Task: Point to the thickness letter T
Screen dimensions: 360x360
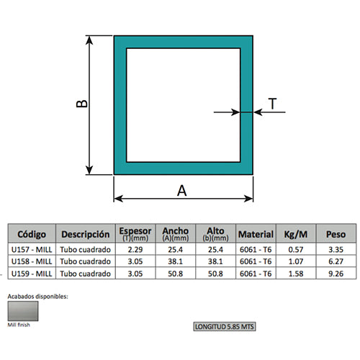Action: click(273, 104)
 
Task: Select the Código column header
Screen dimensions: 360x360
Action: click(32, 234)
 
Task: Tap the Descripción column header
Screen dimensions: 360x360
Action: click(85, 234)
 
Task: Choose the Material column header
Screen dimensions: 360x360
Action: click(256, 234)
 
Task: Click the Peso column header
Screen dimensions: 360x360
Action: click(336, 234)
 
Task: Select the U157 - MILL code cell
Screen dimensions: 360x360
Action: click(32, 250)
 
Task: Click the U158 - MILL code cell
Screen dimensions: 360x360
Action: click(32, 261)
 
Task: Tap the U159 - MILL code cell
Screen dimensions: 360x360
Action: click(32, 274)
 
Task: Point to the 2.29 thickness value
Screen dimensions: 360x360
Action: click(135, 250)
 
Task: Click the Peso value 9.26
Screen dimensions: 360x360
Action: click(336, 274)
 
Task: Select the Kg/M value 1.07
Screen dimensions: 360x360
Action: click(296, 261)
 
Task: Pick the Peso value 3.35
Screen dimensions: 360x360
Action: click(336, 250)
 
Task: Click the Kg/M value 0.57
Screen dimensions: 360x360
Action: click(296, 250)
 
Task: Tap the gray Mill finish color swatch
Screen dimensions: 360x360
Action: click(24, 311)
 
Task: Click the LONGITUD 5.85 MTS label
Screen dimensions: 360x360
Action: click(225, 326)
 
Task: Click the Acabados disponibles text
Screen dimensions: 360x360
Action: click(37, 296)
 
